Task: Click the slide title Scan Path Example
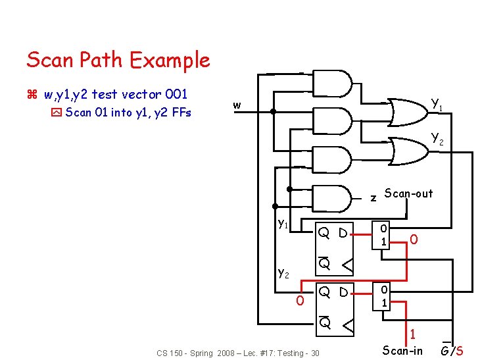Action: pos(118,61)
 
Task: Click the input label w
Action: pos(237,105)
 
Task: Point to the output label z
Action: pos(373,197)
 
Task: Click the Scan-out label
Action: pos(408,193)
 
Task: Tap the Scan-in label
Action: pos(402,350)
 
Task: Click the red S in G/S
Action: pos(459,351)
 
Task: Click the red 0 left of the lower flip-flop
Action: pos(299,301)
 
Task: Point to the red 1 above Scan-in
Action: pos(412,335)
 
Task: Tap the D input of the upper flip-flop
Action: pos(343,232)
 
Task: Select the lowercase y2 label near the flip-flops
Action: pos(284,271)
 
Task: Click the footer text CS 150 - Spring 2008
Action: pos(237,353)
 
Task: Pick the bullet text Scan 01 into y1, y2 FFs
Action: pos(128,113)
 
